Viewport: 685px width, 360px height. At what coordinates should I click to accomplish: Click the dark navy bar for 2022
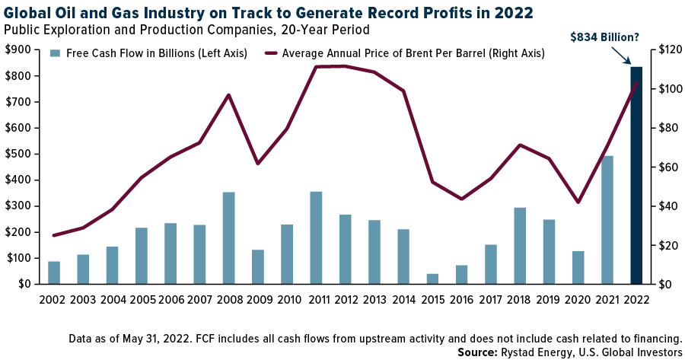point(636,175)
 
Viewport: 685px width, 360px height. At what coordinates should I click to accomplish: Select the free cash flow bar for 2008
point(229,237)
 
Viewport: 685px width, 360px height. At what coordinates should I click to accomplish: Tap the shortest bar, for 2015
point(432,279)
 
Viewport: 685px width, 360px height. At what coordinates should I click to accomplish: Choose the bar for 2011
point(316,237)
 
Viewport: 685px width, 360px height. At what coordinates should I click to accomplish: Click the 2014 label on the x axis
point(403,299)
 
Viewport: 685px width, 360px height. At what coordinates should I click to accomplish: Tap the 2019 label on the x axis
point(549,299)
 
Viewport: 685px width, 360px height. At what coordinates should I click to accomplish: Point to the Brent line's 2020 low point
point(578,202)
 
